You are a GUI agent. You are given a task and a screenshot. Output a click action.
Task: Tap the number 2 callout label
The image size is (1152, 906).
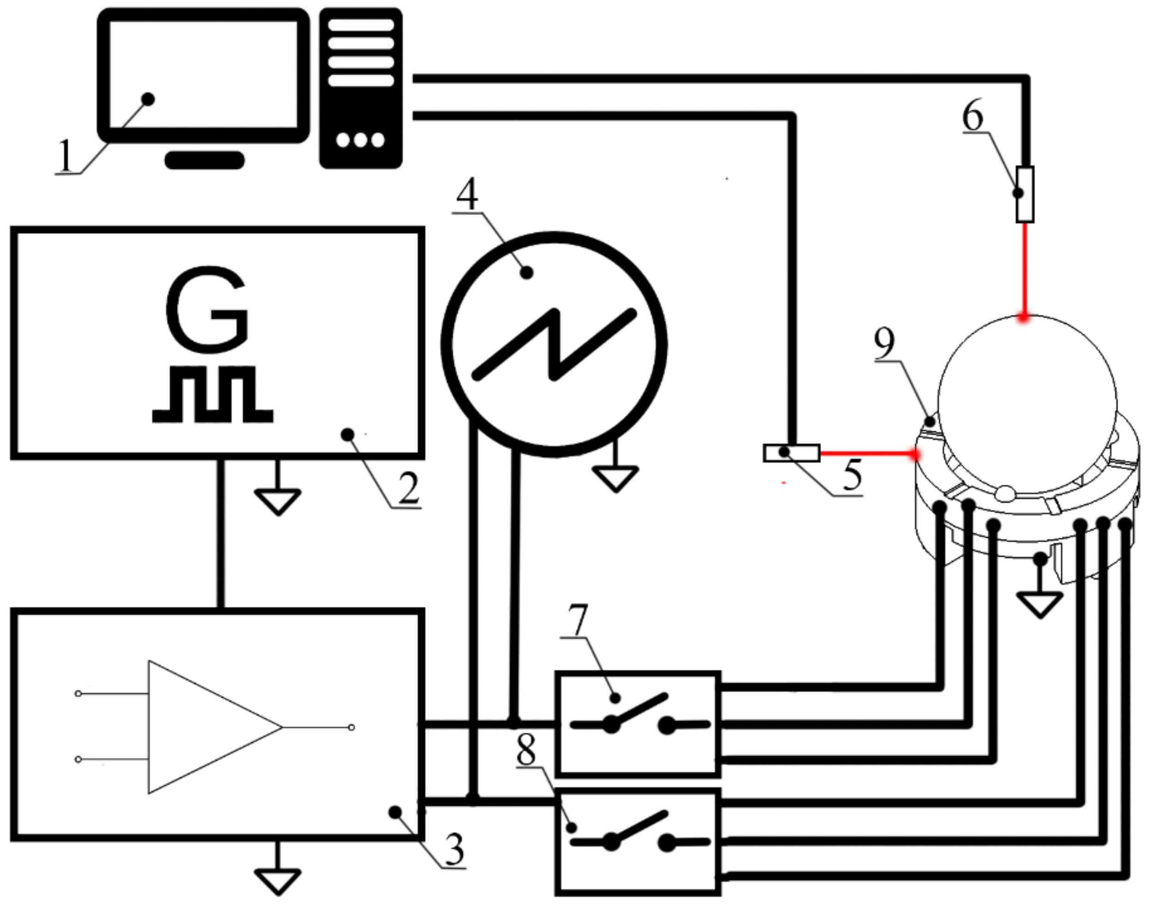408,489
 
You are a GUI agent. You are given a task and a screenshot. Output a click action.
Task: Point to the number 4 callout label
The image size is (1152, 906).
467,194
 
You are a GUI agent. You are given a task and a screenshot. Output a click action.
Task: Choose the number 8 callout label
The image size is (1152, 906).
526,751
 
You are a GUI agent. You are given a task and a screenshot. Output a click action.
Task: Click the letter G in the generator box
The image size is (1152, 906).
207,309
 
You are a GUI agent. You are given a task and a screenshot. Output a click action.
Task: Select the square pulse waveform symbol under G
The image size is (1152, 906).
213,395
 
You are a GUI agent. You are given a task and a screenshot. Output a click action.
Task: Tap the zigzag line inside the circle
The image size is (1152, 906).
555,345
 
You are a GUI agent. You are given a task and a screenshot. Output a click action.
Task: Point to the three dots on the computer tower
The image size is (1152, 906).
361,140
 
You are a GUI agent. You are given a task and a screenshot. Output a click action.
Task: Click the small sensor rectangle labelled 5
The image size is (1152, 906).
791,453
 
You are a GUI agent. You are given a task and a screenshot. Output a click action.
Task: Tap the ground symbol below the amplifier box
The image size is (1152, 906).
277,881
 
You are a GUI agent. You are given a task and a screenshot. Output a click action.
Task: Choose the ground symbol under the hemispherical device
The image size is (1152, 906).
1040,604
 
